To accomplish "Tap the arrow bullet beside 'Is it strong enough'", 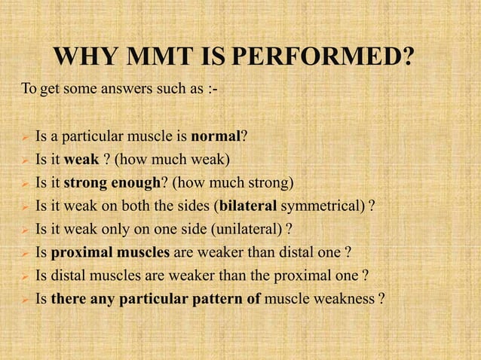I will pyautogui.click(x=24, y=183).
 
